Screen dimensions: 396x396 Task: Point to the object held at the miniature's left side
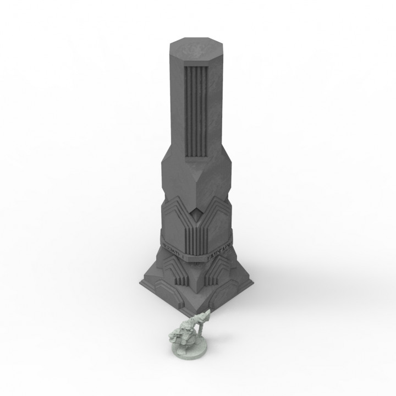tap(175, 334)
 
